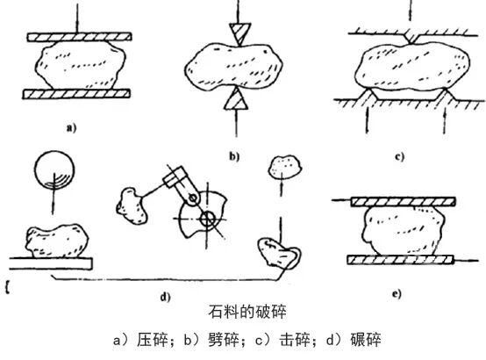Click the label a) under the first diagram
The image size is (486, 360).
69,128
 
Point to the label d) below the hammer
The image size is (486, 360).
163,296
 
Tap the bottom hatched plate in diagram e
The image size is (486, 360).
399,260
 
